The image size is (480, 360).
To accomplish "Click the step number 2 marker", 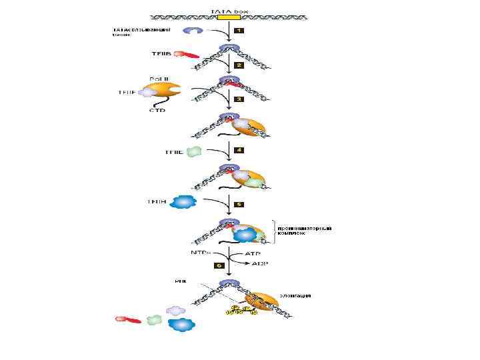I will (x=239, y=66).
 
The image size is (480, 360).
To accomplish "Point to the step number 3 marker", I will (x=239, y=99).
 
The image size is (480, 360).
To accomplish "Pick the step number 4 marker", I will (x=239, y=151).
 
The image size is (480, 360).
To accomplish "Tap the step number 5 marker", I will (x=239, y=204).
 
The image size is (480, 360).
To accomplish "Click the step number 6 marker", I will (x=218, y=265).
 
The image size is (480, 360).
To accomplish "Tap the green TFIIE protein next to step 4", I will (x=194, y=152).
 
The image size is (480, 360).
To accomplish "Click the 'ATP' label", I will (x=254, y=254).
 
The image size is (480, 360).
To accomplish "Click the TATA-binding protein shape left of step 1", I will (x=195, y=31).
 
